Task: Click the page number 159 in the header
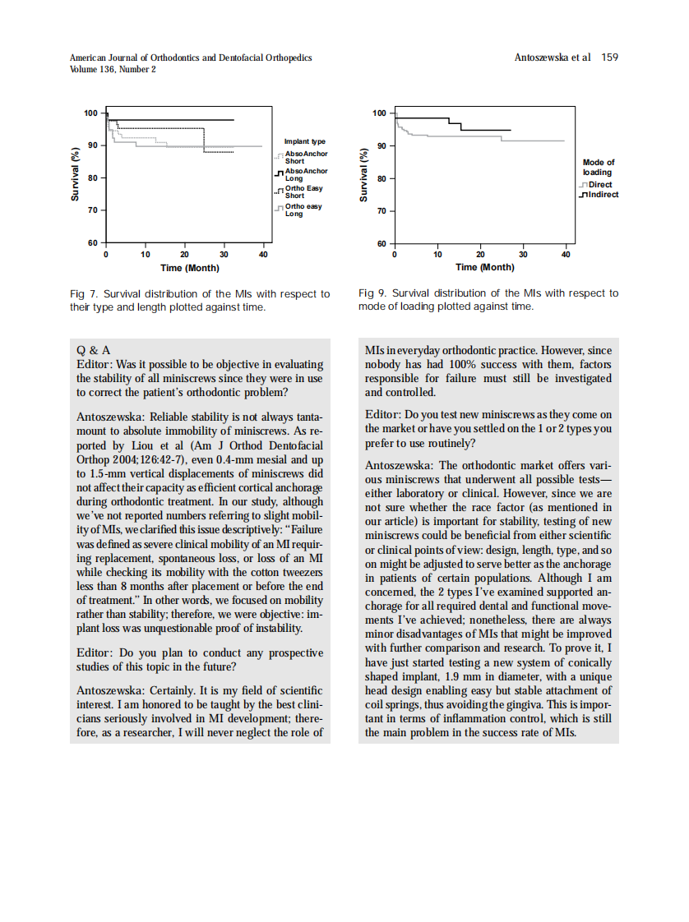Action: click(x=609, y=58)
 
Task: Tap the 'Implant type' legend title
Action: click(x=305, y=142)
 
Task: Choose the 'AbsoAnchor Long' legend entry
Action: click(x=305, y=174)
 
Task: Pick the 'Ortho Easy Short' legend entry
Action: click(x=303, y=192)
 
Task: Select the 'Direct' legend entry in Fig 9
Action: click(x=600, y=185)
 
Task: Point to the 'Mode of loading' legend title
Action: click(x=598, y=168)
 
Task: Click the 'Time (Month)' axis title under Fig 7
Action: click(x=189, y=268)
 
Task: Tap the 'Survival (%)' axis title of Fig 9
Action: click(x=364, y=177)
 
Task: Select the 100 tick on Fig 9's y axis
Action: click(x=379, y=113)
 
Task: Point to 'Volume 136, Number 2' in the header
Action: click(x=113, y=70)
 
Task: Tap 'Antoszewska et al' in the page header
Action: click(x=552, y=58)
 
